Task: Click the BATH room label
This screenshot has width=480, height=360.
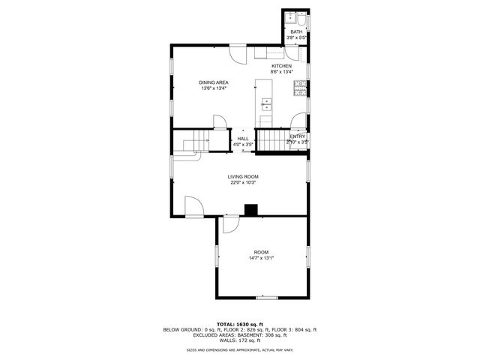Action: (296, 31)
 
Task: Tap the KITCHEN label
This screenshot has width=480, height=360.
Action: (281, 66)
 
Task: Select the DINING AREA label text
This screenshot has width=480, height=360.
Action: (214, 82)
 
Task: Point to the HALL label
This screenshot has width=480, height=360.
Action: (243, 138)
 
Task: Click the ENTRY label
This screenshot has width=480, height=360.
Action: (298, 136)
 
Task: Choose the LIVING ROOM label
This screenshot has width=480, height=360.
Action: (244, 177)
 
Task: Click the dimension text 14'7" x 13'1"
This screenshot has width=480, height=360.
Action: (261, 258)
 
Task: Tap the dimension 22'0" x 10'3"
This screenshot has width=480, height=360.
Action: (244, 182)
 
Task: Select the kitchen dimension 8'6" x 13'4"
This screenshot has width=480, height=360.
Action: (281, 72)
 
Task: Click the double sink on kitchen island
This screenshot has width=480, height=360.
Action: (266, 104)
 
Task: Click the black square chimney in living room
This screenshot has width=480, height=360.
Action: (253, 210)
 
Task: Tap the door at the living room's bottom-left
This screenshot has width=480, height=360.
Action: (193, 206)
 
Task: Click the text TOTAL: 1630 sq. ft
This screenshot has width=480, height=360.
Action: (240, 324)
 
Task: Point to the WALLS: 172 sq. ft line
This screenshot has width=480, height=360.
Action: (240, 340)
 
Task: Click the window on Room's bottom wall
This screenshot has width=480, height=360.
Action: (266, 298)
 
